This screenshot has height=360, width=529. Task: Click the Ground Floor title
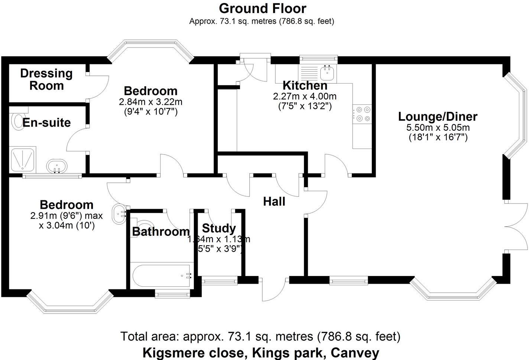[x=262, y=8]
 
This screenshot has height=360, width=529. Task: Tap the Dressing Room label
[x=46, y=80]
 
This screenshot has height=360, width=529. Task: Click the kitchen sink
[x=327, y=72]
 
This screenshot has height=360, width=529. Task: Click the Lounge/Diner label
[x=438, y=117]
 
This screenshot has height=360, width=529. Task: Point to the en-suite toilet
[x=17, y=121]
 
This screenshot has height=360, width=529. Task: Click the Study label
[x=219, y=228]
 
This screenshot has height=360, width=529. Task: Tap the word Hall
[x=274, y=202]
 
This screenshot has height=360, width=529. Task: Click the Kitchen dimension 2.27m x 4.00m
[x=305, y=97]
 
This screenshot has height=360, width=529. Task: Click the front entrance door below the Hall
[x=274, y=290]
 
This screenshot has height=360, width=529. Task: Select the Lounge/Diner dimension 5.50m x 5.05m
[x=438, y=128]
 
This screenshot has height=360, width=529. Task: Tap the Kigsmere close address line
[x=261, y=352]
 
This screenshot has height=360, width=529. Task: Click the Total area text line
[x=260, y=337]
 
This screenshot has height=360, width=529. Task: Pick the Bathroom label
[x=161, y=232]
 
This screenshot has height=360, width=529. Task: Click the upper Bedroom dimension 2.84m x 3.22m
[x=150, y=102]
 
